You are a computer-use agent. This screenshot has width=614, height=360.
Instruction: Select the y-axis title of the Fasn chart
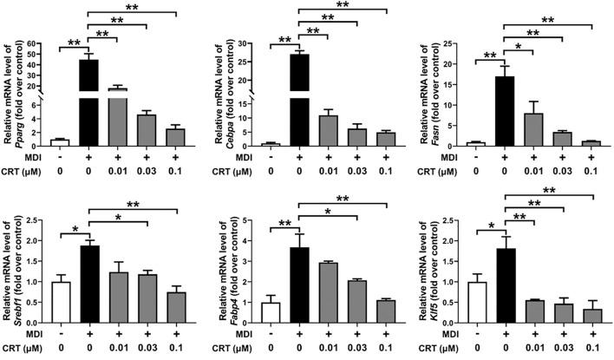[427, 91]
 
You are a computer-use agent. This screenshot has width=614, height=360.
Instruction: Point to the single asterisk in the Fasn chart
[519, 46]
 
